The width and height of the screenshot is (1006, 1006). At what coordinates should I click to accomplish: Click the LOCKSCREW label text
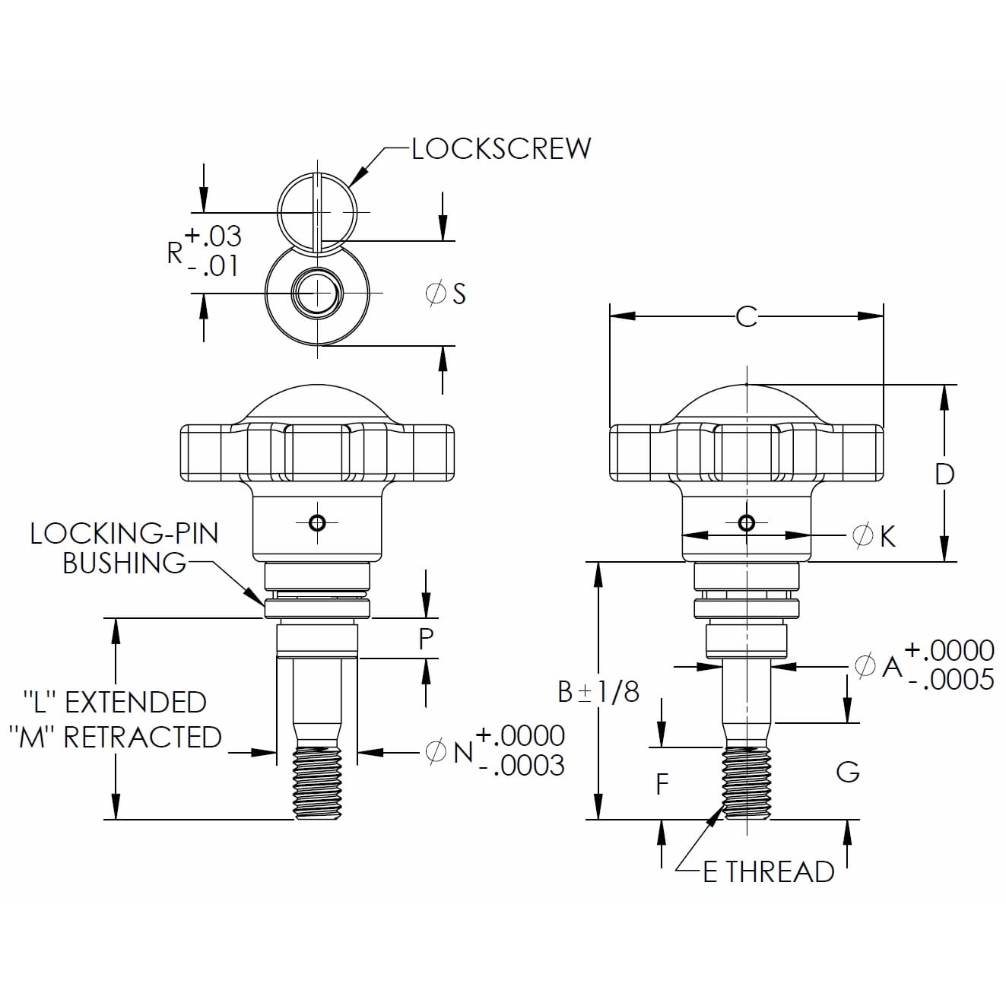pyautogui.click(x=501, y=148)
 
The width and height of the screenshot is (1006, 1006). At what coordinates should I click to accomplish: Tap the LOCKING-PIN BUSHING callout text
pyautogui.click(x=124, y=548)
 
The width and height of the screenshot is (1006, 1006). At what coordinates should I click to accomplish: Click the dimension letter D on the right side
pyautogui.click(x=944, y=474)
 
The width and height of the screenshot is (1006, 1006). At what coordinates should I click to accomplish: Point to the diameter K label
pyautogui.click(x=874, y=536)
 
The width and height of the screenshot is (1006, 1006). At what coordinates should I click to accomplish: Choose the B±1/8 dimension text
pyautogui.click(x=598, y=692)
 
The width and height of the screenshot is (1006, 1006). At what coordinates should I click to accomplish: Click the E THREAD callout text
pyautogui.click(x=768, y=871)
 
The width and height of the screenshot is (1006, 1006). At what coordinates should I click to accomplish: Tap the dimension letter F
pyautogui.click(x=662, y=784)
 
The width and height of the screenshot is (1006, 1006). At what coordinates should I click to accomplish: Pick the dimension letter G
pyautogui.click(x=847, y=772)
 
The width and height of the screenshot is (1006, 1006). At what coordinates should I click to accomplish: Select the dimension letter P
pyautogui.click(x=426, y=639)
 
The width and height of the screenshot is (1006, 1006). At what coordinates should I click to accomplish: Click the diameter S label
pyautogui.click(x=446, y=294)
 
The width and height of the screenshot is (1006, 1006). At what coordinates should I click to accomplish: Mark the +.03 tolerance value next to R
pyautogui.click(x=213, y=236)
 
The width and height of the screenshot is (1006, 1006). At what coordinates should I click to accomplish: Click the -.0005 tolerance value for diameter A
pyautogui.click(x=950, y=679)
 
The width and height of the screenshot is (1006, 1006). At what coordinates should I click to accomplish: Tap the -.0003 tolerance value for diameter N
pyautogui.click(x=522, y=765)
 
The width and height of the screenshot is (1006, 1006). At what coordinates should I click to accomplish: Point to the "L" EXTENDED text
pyautogui.click(x=114, y=702)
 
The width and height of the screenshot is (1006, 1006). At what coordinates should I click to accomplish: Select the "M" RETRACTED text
pyautogui.click(x=119, y=737)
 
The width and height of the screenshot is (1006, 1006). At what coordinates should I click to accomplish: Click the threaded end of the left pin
pyautogui.click(x=318, y=783)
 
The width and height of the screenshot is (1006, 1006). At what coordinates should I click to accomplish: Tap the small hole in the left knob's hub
pyautogui.click(x=318, y=522)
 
